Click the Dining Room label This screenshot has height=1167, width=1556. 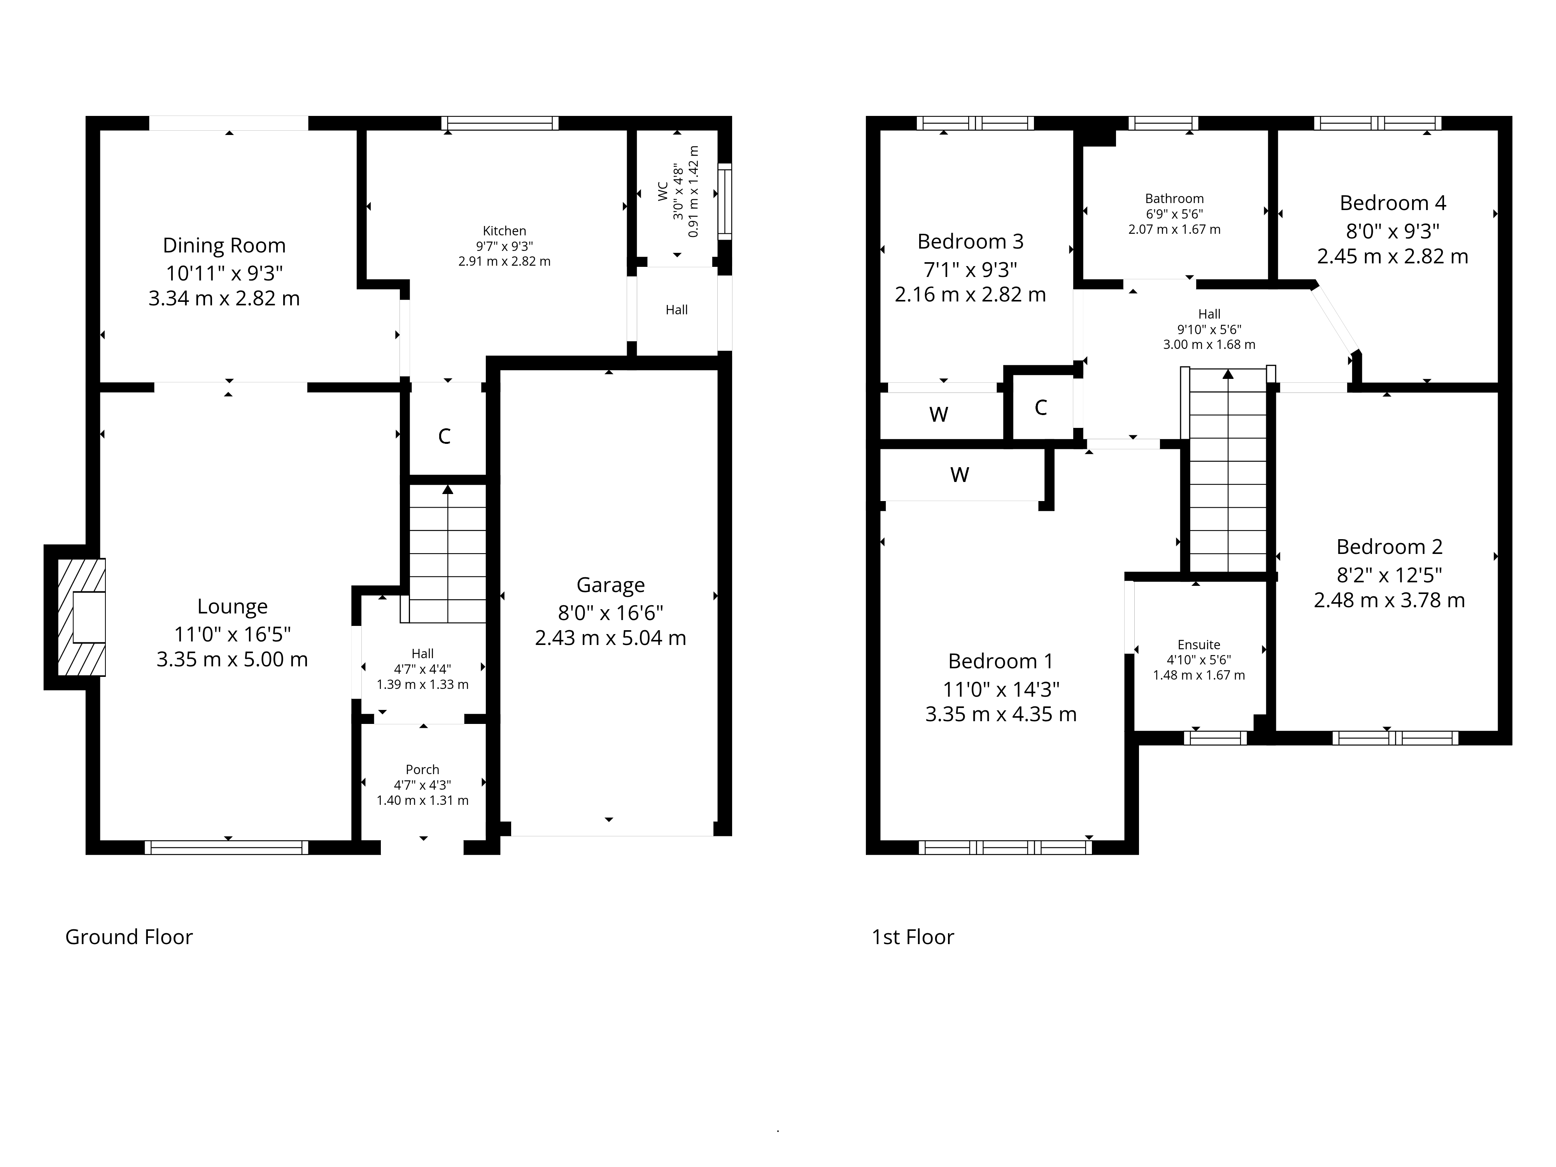pos(224,245)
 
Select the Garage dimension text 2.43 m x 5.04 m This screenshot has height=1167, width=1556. pos(611,638)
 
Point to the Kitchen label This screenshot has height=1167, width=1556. pos(505,231)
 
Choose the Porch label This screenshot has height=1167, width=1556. pos(422,769)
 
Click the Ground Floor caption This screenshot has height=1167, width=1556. pos(129,937)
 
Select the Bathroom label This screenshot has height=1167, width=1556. pos(1174,198)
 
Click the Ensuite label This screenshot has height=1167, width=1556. pos(1199,644)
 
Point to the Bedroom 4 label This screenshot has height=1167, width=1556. pos(1393,203)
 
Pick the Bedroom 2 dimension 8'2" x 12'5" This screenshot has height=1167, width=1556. pos(1389,575)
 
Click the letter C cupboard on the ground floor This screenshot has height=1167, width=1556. pos(445,436)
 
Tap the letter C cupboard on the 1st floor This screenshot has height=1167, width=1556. pos(1041,407)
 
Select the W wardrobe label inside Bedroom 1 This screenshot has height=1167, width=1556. pos(960,475)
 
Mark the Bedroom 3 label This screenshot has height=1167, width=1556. pos(970,241)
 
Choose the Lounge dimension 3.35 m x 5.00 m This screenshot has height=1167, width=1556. pos(232,659)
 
